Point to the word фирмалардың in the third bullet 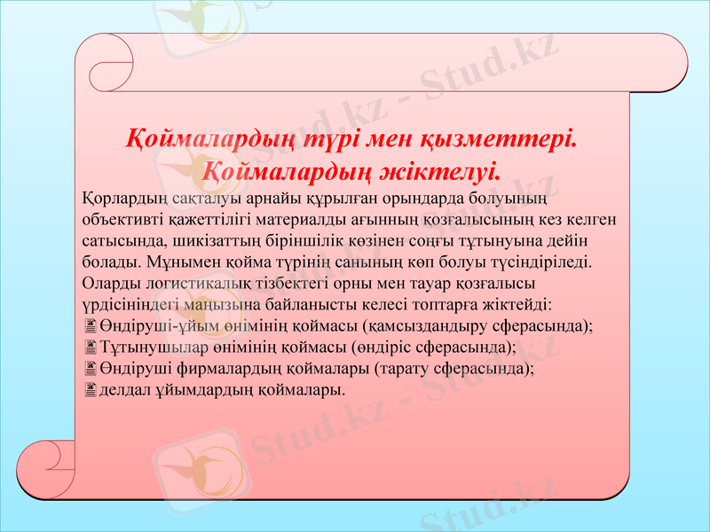click(221, 369)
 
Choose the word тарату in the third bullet click(404, 369)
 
